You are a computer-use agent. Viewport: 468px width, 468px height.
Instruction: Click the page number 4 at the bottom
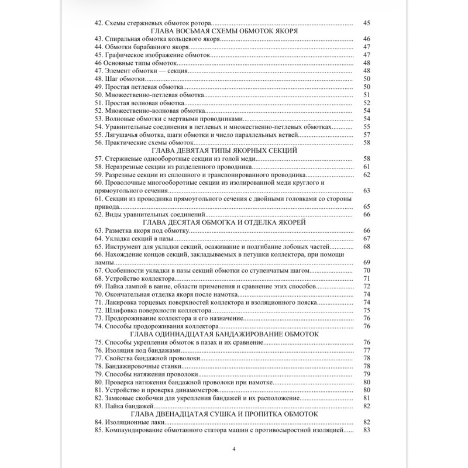click(x=234, y=449)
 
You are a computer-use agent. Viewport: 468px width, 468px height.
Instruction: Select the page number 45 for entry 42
click(x=367, y=23)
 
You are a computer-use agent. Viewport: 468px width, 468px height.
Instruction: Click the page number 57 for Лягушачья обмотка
click(x=367, y=135)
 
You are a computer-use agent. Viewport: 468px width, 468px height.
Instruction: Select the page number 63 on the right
click(x=367, y=191)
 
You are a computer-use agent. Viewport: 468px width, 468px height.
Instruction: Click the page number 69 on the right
click(x=367, y=262)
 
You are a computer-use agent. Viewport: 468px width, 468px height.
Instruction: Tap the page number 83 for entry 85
click(x=367, y=430)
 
